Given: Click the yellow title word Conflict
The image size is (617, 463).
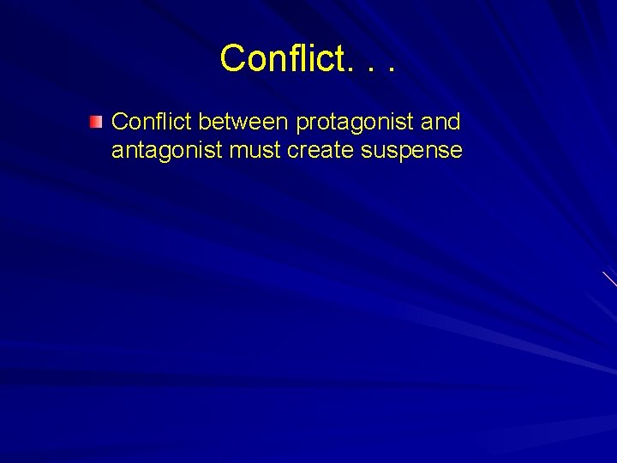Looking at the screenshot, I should coord(279,58).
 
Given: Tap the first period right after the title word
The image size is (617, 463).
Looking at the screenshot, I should coord(346,69).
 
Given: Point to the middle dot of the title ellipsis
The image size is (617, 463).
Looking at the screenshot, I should coord(368,69).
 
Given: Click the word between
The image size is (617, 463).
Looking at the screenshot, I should coord(244,122).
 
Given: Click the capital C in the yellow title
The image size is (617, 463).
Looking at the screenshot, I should coord(232,58).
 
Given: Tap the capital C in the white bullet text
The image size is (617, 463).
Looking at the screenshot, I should coord(120,122).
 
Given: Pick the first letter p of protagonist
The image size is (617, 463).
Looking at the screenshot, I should coord(301,125).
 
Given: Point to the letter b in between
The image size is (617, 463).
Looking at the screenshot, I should coord(203,122).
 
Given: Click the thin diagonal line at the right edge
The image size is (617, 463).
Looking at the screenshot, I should coord(609,279).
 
